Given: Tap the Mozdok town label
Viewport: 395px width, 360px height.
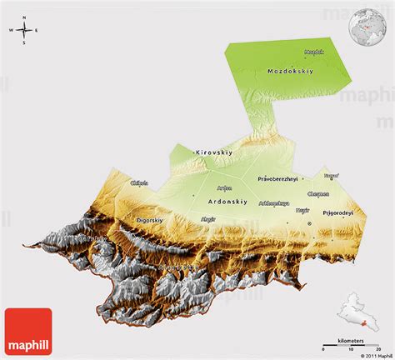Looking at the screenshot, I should point(314,52).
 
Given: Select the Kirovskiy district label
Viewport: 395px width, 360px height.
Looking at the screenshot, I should point(212,152).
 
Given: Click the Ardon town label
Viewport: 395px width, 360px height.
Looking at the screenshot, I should point(223,187).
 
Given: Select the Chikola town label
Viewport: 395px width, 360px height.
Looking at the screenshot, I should point(139,182).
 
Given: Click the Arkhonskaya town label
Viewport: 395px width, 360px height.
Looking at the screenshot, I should point(274,202).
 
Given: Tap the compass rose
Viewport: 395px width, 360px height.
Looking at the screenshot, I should point(25,32).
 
